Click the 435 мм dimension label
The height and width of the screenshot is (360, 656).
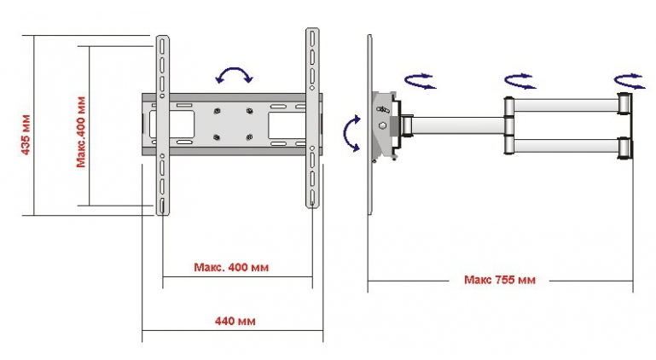(26, 135)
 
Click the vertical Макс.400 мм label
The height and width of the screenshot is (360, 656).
(81, 132)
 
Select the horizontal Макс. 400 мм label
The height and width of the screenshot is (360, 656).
(231, 267)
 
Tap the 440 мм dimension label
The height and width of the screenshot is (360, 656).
(235, 321)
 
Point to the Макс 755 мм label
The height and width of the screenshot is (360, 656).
(500, 280)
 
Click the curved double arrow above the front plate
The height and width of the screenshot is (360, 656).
(235, 69)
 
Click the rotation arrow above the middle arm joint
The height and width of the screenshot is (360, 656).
(520, 81)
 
